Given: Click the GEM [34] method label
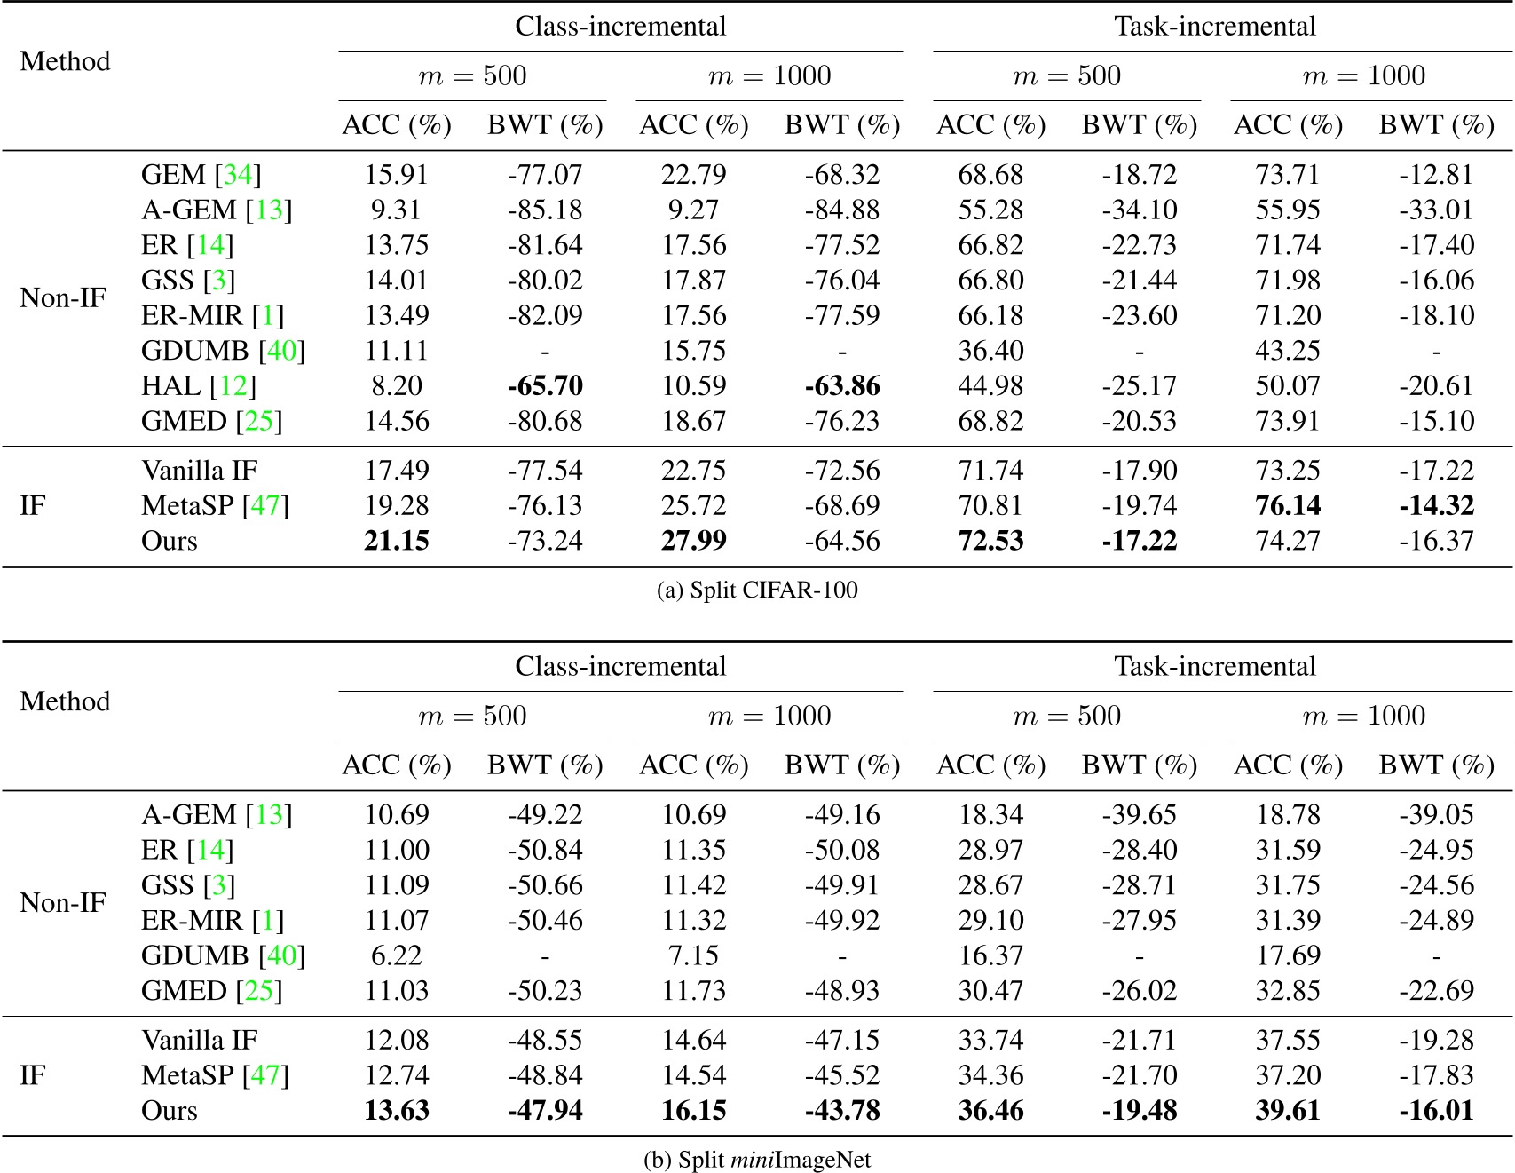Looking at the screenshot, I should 201,174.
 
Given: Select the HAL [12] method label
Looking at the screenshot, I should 198,385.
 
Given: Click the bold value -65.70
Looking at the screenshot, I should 545,385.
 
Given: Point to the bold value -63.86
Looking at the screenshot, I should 841,385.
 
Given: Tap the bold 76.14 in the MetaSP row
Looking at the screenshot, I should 1288,505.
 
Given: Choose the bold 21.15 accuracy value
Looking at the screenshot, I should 397,541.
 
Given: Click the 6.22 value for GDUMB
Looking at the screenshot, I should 397,955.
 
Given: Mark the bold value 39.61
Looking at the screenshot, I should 1288,1110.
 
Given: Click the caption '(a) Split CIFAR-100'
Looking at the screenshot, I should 757,590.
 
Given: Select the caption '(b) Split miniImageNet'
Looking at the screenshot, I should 757,1160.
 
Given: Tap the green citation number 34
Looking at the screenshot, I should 238,174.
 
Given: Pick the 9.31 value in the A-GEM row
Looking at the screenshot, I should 397,210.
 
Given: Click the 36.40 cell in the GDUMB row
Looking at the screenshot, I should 990,350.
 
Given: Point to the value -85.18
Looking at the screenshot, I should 545,210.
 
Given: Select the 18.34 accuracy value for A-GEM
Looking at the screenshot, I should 990,814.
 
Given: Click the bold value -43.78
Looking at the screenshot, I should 841,1110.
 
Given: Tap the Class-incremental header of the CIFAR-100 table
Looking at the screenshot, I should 620,27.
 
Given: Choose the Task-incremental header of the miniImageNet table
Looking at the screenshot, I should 1215,667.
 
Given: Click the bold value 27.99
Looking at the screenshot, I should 694,541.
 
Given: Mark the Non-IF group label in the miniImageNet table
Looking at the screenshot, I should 63,902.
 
